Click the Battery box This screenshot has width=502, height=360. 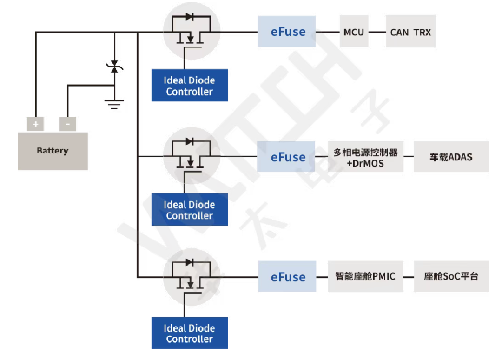(x=53, y=151)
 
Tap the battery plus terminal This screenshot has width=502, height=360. (x=35, y=124)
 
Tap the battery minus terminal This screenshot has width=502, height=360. (x=68, y=124)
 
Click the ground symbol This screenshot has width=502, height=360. (x=114, y=104)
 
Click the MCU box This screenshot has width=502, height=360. (x=354, y=32)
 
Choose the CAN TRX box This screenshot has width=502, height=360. (x=410, y=32)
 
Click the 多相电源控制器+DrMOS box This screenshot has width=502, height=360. (x=365, y=157)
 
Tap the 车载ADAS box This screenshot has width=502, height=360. (x=451, y=157)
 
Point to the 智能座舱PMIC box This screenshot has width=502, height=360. (x=365, y=276)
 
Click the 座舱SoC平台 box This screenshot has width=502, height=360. (x=451, y=276)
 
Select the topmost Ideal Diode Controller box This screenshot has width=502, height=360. (x=190, y=85)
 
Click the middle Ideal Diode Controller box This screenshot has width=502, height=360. (x=190, y=210)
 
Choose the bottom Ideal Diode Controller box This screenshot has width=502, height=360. (x=190, y=333)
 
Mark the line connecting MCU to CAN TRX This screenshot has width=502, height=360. (x=376, y=32)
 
